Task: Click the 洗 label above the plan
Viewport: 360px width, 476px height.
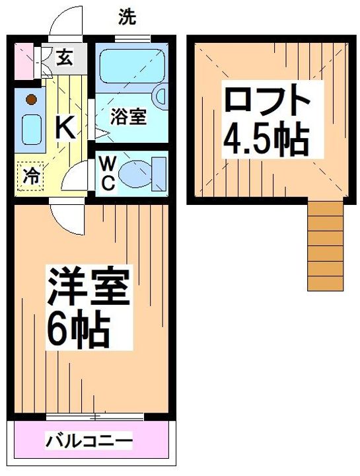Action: pos(128,18)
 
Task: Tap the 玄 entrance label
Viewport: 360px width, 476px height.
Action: pos(64,59)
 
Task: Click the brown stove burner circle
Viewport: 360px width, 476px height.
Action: pos(30,100)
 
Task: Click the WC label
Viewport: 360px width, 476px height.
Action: pos(109,173)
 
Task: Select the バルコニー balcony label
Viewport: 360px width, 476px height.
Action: pos(89,440)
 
